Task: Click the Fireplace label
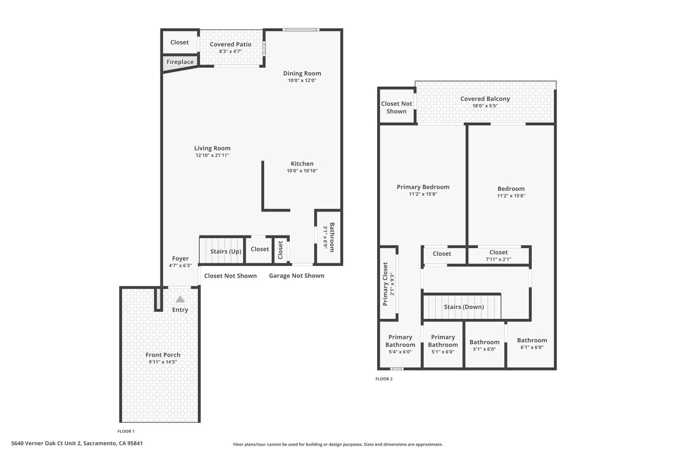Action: click(x=180, y=62)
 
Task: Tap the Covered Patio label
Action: click(x=230, y=44)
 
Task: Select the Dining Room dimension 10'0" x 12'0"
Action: click(x=302, y=81)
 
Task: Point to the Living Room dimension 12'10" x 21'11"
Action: click(x=212, y=155)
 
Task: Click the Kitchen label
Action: click(x=302, y=164)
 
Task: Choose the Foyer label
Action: click(x=180, y=258)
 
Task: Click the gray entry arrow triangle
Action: click(x=180, y=299)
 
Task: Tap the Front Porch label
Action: click(x=163, y=355)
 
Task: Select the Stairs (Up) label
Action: click(x=226, y=251)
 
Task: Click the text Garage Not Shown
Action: click(x=297, y=276)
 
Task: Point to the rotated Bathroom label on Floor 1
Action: click(x=332, y=237)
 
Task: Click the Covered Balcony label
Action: click(x=485, y=99)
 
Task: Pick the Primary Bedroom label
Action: click(x=423, y=187)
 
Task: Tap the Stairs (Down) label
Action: click(x=464, y=307)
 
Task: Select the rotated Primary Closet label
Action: click(x=385, y=284)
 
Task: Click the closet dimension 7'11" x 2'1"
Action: click(x=498, y=259)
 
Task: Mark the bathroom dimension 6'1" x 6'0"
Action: click(x=532, y=347)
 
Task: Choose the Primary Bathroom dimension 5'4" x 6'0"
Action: click(x=400, y=352)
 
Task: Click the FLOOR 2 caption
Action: click(x=384, y=379)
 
